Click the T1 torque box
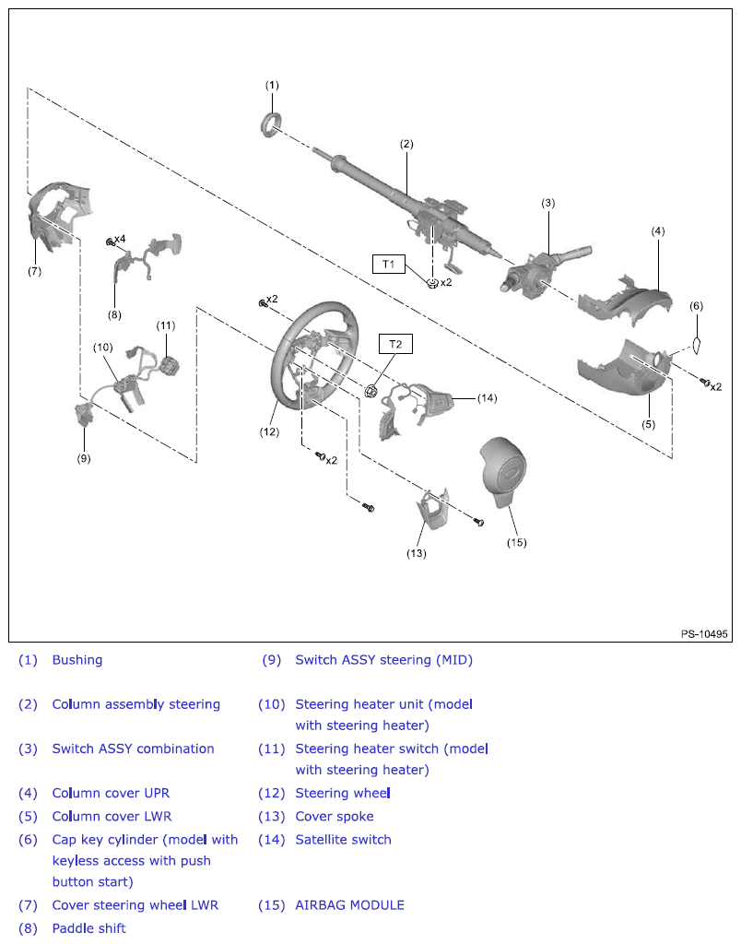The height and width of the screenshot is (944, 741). click(x=388, y=265)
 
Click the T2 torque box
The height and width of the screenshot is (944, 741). click(x=395, y=344)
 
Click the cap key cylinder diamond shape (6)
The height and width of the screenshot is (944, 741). click(x=697, y=345)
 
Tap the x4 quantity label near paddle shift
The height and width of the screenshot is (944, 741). click(x=120, y=239)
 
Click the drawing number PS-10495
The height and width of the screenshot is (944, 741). click(x=704, y=634)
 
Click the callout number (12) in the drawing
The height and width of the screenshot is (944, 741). click(x=268, y=431)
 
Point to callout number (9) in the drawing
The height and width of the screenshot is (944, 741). click(x=84, y=457)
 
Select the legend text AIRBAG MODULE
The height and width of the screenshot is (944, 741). click(x=349, y=905)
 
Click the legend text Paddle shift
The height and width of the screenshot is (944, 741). click(x=88, y=928)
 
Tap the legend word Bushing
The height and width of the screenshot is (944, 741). click(x=77, y=660)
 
